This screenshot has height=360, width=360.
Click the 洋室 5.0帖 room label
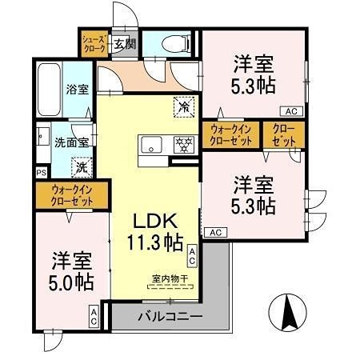pos(72,271)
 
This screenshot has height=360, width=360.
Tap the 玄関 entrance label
pos(122,43)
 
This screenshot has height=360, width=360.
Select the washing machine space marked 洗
pos(80,168)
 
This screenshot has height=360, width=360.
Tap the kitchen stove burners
pos(184,145)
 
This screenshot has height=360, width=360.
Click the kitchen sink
pos(152,145)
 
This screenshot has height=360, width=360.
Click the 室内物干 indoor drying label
pos(170,278)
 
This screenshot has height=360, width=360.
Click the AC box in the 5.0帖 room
pos(94,316)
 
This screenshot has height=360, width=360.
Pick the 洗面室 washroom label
pos(70,142)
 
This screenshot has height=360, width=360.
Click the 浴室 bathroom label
pos(78,90)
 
